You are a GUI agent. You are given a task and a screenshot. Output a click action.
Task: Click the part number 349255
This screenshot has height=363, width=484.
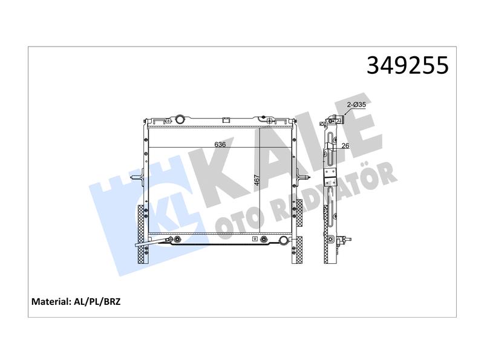coord(407,65)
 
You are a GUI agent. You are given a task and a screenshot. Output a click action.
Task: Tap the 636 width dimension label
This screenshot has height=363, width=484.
coord(220,144)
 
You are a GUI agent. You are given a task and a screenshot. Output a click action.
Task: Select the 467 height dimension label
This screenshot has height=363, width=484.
coord(257,180)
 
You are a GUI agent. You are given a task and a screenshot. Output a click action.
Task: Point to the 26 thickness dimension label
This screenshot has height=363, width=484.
coord(345,145)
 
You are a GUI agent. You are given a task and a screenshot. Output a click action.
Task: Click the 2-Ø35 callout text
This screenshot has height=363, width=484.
coord(356,105)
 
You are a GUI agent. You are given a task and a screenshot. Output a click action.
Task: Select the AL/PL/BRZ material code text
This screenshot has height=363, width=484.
coord(97,301)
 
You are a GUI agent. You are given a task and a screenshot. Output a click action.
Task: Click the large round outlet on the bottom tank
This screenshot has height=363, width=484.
coord(283,240)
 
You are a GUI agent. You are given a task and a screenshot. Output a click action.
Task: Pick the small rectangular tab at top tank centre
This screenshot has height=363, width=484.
coord(226,120)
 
